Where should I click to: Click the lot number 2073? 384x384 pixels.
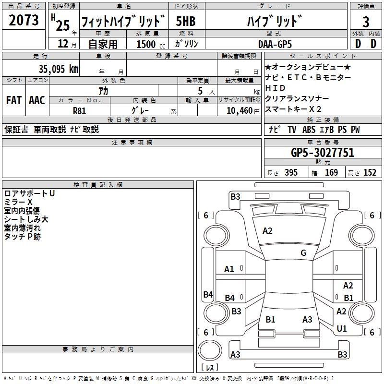coord(24,21)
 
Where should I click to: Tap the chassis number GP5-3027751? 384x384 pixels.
coord(322,153)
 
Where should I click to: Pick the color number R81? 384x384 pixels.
coord(80,110)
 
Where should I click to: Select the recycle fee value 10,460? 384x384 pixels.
coord(238,110)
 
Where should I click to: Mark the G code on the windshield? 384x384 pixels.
coord(303,253)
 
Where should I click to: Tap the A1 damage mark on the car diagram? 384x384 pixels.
coord(229,269)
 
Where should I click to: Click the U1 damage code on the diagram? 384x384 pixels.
coord(342,329)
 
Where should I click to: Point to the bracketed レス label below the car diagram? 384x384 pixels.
coord(209,367)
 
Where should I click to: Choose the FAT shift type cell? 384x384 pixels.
coord(14,100)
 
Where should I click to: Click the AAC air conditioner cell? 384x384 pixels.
coord(37,100)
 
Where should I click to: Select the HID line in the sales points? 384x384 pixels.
coord(275,88)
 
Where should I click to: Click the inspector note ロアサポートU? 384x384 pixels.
coord(29,193)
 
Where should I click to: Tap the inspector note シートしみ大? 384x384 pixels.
coord(26,219)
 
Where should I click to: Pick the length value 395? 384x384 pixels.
coord(289,173)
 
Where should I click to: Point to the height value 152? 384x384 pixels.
coord(370,173)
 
